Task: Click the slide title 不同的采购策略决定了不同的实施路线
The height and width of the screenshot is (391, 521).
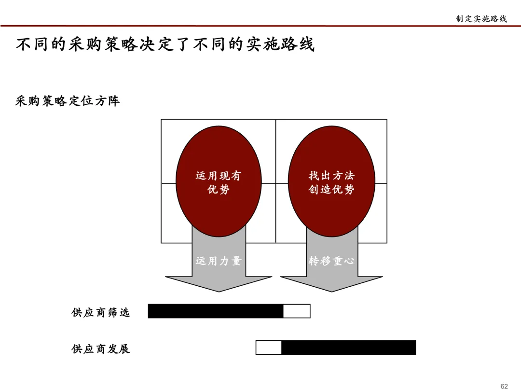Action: tap(165, 45)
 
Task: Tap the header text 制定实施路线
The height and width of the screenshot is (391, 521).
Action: tap(481, 19)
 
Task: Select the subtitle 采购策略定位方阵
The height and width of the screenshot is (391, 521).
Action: tap(68, 101)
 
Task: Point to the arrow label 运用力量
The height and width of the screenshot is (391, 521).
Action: tap(219, 261)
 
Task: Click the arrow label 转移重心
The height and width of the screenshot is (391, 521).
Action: tap(331, 261)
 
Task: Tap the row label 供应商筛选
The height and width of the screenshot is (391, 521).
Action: tap(101, 312)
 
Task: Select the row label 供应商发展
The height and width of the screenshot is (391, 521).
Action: tap(101, 349)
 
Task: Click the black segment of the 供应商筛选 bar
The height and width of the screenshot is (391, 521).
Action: tap(215, 311)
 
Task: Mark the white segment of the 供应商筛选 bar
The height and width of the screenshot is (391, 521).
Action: tap(296, 311)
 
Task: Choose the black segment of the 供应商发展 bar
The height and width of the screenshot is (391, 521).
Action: tap(348, 348)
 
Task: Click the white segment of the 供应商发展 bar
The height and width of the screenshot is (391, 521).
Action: tap(269, 348)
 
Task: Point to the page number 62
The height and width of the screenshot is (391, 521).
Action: tap(504, 386)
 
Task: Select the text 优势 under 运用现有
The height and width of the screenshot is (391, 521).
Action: tap(219, 190)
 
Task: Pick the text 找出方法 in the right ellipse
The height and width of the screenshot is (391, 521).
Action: tap(331, 176)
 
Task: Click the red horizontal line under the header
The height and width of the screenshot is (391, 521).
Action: tap(260, 26)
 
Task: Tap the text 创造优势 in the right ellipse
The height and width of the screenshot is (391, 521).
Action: tap(331, 190)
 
